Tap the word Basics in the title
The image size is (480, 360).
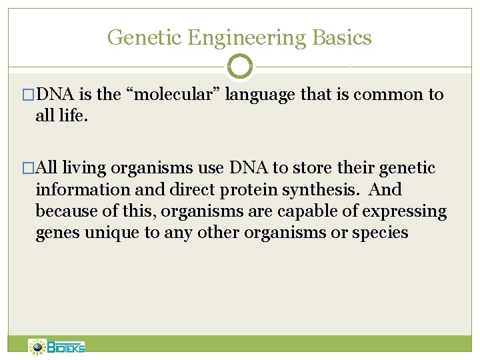tap(345, 37)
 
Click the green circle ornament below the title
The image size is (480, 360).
tap(240, 67)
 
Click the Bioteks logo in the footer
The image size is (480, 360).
tap(57, 347)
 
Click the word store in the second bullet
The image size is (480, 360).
tap(309, 168)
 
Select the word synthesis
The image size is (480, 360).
tap(319, 190)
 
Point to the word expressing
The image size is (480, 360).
tap(414, 211)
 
